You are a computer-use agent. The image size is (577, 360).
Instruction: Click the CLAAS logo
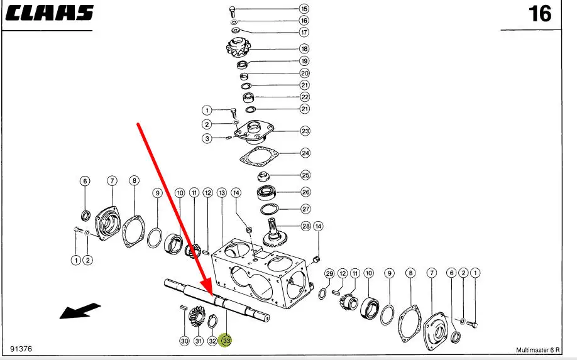click(x=49, y=13)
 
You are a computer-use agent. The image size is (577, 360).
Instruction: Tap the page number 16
click(x=540, y=14)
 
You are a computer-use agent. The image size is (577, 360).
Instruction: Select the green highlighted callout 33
click(x=225, y=341)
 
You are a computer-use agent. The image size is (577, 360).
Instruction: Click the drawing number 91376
click(x=21, y=349)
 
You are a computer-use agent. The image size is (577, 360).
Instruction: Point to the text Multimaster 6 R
click(x=537, y=350)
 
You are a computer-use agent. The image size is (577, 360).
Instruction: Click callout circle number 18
click(x=304, y=48)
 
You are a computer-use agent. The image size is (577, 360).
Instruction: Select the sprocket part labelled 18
click(x=238, y=48)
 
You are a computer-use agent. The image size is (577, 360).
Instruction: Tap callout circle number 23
click(x=305, y=131)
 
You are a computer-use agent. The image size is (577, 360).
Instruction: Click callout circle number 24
click(x=305, y=153)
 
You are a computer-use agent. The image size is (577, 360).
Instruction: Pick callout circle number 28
click(x=306, y=226)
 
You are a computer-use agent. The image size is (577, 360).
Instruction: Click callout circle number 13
click(x=222, y=192)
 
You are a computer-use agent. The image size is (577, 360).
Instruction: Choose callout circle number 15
click(x=304, y=8)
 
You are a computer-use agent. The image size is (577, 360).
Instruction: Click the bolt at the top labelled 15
click(x=232, y=11)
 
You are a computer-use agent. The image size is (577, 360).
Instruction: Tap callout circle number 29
click(x=329, y=273)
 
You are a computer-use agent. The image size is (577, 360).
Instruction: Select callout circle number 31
click(x=199, y=341)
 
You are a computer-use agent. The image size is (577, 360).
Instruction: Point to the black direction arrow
click(x=80, y=310)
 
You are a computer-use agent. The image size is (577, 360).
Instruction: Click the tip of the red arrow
click(x=212, y=296)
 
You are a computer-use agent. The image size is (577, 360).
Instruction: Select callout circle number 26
click(x=305, y=192)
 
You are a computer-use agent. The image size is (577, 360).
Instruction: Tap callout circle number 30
click(x=184, y=341)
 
